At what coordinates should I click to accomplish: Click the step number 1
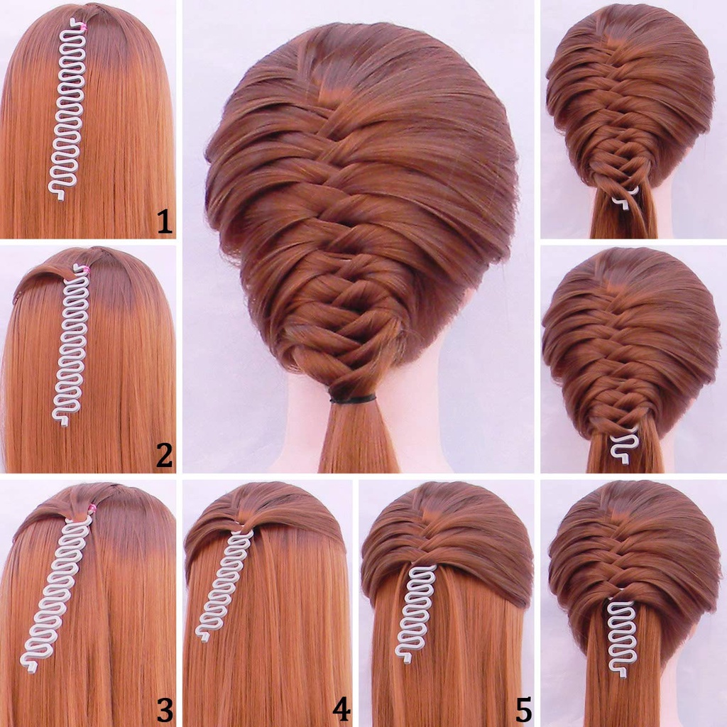tap(165, 222)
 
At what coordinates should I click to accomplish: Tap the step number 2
tap(165, 455)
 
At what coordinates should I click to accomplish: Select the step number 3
tap(165, 709)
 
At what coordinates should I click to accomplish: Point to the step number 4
tap(341, 709)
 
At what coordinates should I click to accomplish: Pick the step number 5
tap(523, 709)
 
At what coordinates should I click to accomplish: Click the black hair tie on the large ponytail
tap(352, 399)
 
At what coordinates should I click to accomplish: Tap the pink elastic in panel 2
tap(84, 269)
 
